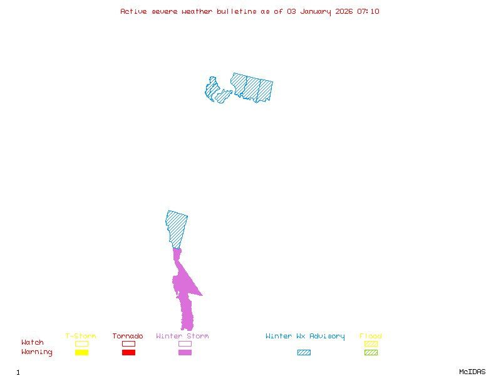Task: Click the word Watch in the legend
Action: tap(33, 343)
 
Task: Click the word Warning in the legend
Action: tap(37, 352)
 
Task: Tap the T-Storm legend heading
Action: tap(81, 337)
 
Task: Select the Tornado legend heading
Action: tap(128, 337)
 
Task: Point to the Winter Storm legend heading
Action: tap(182, 337)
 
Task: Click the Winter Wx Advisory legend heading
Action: tap(305, 337)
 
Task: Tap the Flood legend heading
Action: tap(371, 337)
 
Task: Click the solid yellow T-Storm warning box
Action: tap(81, 353)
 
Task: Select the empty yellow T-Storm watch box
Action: tap(81, 343)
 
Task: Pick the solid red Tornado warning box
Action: tap(128, 353)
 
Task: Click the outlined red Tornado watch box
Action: tap(128, 343)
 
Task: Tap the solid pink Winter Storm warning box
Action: tap(185, 353)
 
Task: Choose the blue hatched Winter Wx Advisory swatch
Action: tap(304, 353)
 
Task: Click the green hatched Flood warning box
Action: tap(371, 353)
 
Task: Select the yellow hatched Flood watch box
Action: tap(371, 343)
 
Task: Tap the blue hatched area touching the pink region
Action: tap(177, 227)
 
